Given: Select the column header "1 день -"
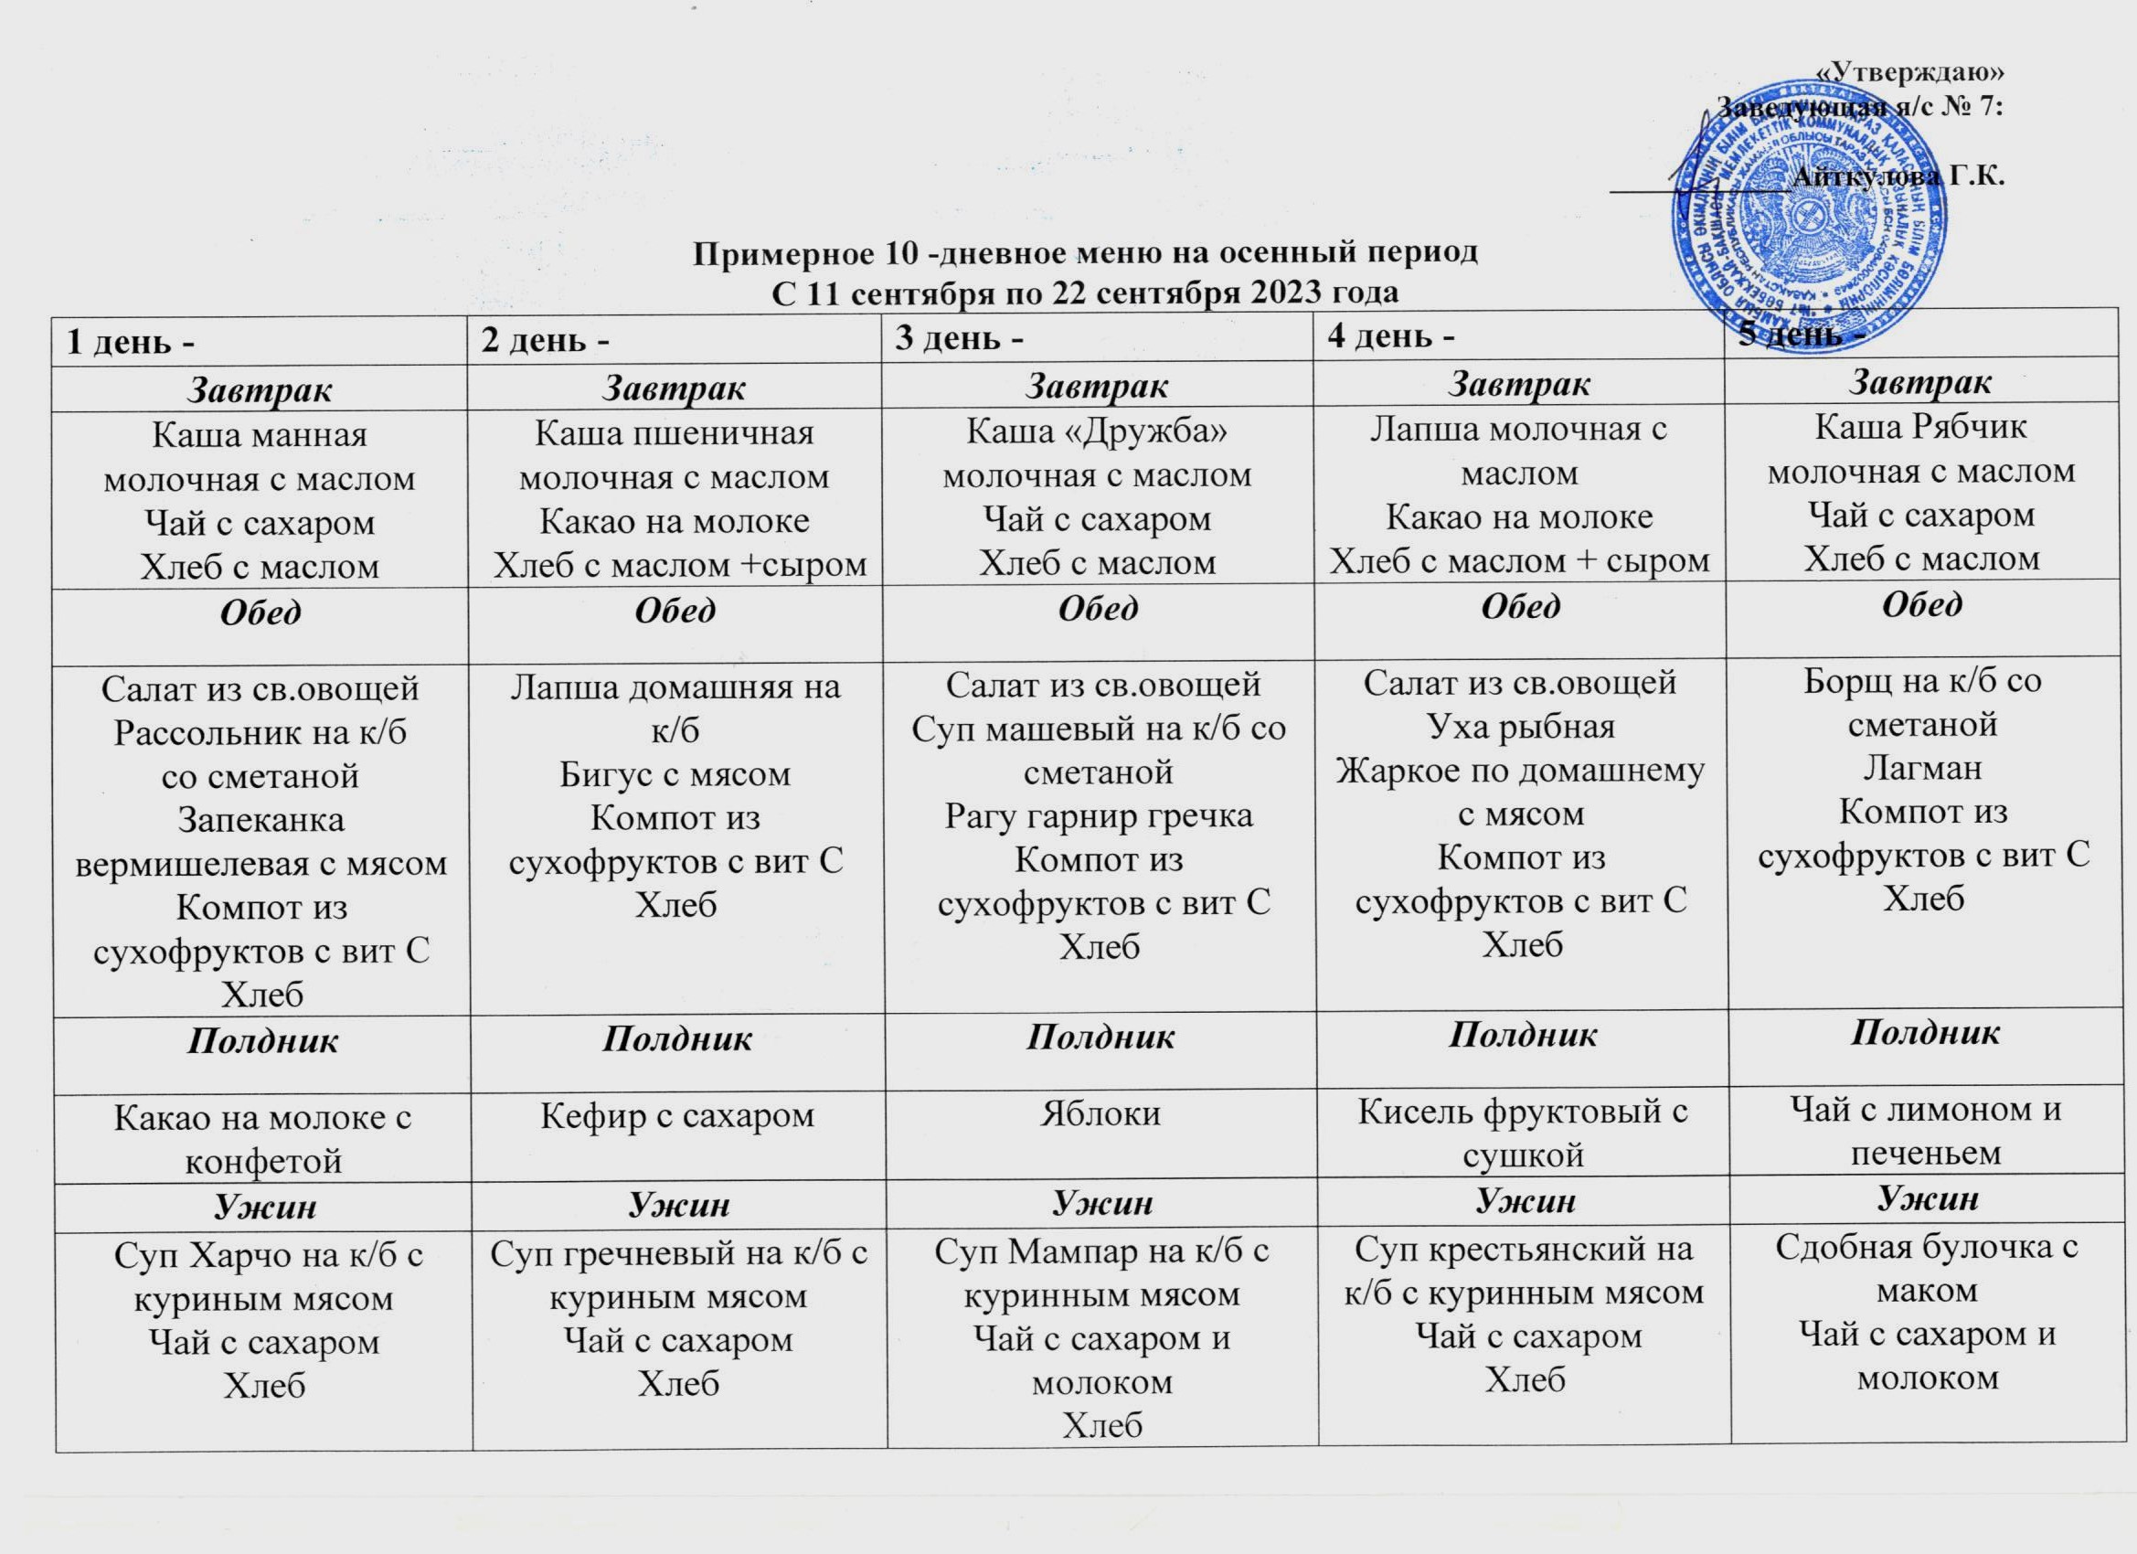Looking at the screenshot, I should [131, 342].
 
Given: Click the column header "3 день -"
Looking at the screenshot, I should [959, 338].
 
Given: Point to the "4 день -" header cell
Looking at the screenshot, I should [1390, 335].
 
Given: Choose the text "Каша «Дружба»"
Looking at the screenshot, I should [1098, 431].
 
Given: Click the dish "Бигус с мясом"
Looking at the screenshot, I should [675, 774].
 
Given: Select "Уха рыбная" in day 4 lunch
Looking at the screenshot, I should [1521, 727].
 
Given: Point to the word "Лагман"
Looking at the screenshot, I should [1922, 768].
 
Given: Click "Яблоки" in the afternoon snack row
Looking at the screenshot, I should [1100, 1114].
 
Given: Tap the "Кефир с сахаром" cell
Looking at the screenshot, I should [676, 1116].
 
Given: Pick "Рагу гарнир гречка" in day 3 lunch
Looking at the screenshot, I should [1099, 815].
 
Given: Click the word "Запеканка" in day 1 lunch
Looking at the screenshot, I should [260, 820].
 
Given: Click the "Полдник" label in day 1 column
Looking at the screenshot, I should [262, 1041].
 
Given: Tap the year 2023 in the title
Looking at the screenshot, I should [1263, 293].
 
